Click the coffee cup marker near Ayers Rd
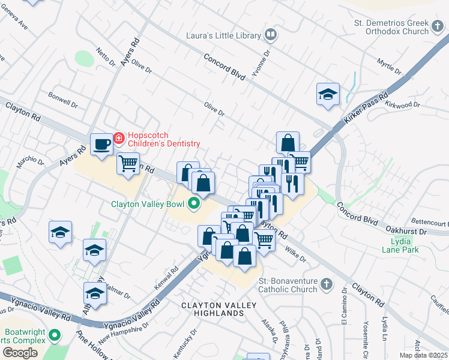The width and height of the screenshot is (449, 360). click(101, 144)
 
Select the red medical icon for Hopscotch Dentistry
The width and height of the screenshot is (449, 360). click(118, 139)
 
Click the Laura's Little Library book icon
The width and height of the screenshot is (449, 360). click(271, 35)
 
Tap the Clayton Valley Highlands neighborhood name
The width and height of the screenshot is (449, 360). click(219, 309)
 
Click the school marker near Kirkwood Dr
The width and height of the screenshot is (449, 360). click(328, 95)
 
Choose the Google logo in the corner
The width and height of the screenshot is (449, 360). click(20, 353)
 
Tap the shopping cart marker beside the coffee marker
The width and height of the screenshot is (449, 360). click(128, 164)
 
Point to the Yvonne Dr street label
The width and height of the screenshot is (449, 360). click(259, 58)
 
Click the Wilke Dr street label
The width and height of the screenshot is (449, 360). click(295, 255)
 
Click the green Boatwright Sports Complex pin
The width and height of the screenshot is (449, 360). click(55, 335)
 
